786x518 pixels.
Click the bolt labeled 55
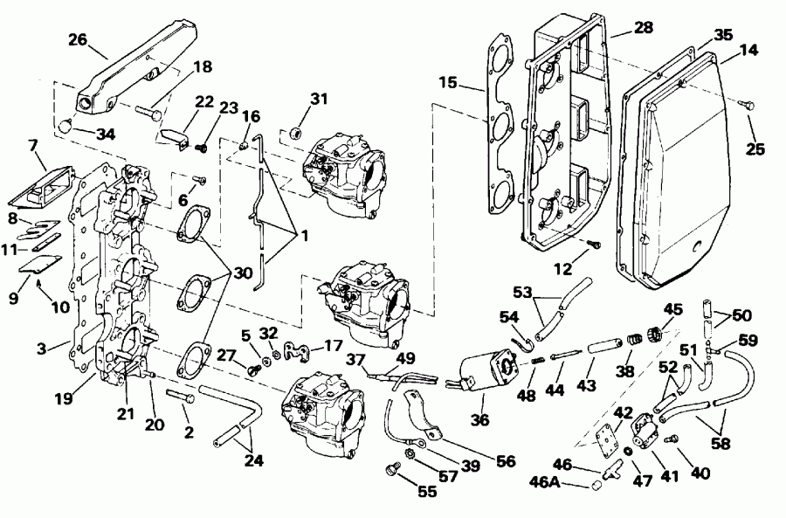coord(390,471)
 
